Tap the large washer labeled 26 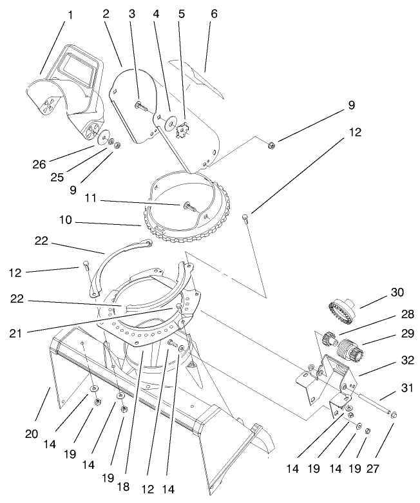(103, 138)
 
